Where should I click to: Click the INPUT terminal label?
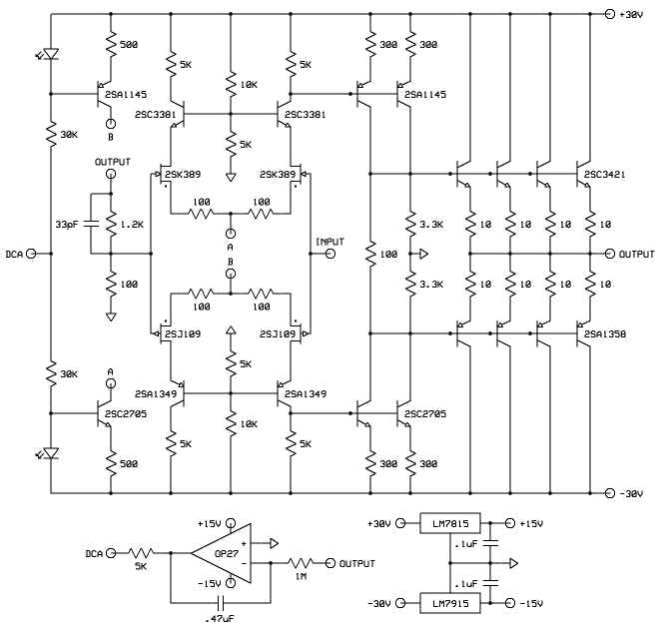click(x=330, y=241)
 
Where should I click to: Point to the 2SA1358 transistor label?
click(x=610, y=334)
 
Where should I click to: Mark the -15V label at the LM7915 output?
click(x=532, y=602)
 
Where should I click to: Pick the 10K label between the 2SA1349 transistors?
click(x=247, y=424)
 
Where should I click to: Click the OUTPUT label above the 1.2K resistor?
click(x=112, y=161)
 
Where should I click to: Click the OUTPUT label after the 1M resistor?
click(x=356, y=563)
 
